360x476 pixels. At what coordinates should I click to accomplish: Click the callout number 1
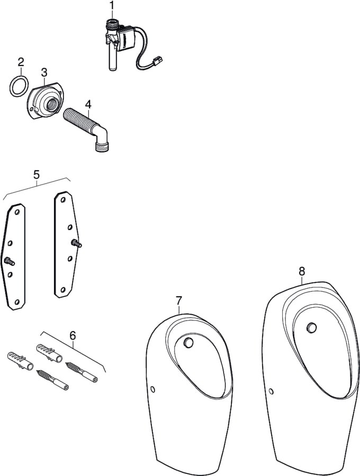pos(112,5)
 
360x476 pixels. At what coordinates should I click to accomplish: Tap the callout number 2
pos(21,62)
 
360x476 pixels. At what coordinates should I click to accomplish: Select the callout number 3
pos(44,72)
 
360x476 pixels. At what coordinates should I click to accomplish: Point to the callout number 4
pos(88,104)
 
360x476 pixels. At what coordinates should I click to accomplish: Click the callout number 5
pos(37,175)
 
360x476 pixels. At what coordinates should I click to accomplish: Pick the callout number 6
pos(73,336)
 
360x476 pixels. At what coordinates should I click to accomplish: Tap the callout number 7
pos(178,301)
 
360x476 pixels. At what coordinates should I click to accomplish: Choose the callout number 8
pos(302,271)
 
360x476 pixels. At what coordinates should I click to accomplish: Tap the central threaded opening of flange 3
pos(50,105)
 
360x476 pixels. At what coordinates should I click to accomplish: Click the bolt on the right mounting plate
pos(76,243)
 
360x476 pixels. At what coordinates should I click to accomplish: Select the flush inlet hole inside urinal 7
pos(188,342)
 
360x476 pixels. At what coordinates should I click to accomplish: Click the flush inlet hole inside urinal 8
pos(311,327)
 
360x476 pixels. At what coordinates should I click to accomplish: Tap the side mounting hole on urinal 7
pos(152,389)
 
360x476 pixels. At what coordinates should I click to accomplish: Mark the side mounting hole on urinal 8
pos(271,391)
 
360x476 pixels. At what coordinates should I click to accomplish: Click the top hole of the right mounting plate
pos(63,200)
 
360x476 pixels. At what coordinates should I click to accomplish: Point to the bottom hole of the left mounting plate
pos(17,302)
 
